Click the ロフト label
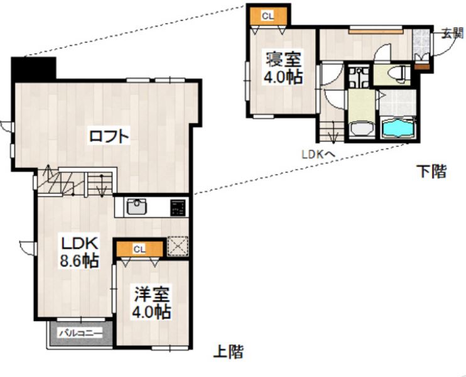pyautogui.click(x=109, y=135)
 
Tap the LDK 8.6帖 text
pyautogui.click(x=78, y=251)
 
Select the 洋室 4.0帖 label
pyautogui.click(x=151, y=302)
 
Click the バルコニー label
pyautogui.click(x=80, y=332)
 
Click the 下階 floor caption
pyautogui.click(x=432, y=172)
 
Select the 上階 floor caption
pyautogui.click(x=229, y=352)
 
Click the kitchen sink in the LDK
pyautogui.click(x=136, y=207)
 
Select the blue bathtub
pyautogui.click(x=396, y=129)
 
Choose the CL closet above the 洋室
pyautogui.click(x=139, y=249)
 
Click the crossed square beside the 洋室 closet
pyautogui.click(x=177, y=246)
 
